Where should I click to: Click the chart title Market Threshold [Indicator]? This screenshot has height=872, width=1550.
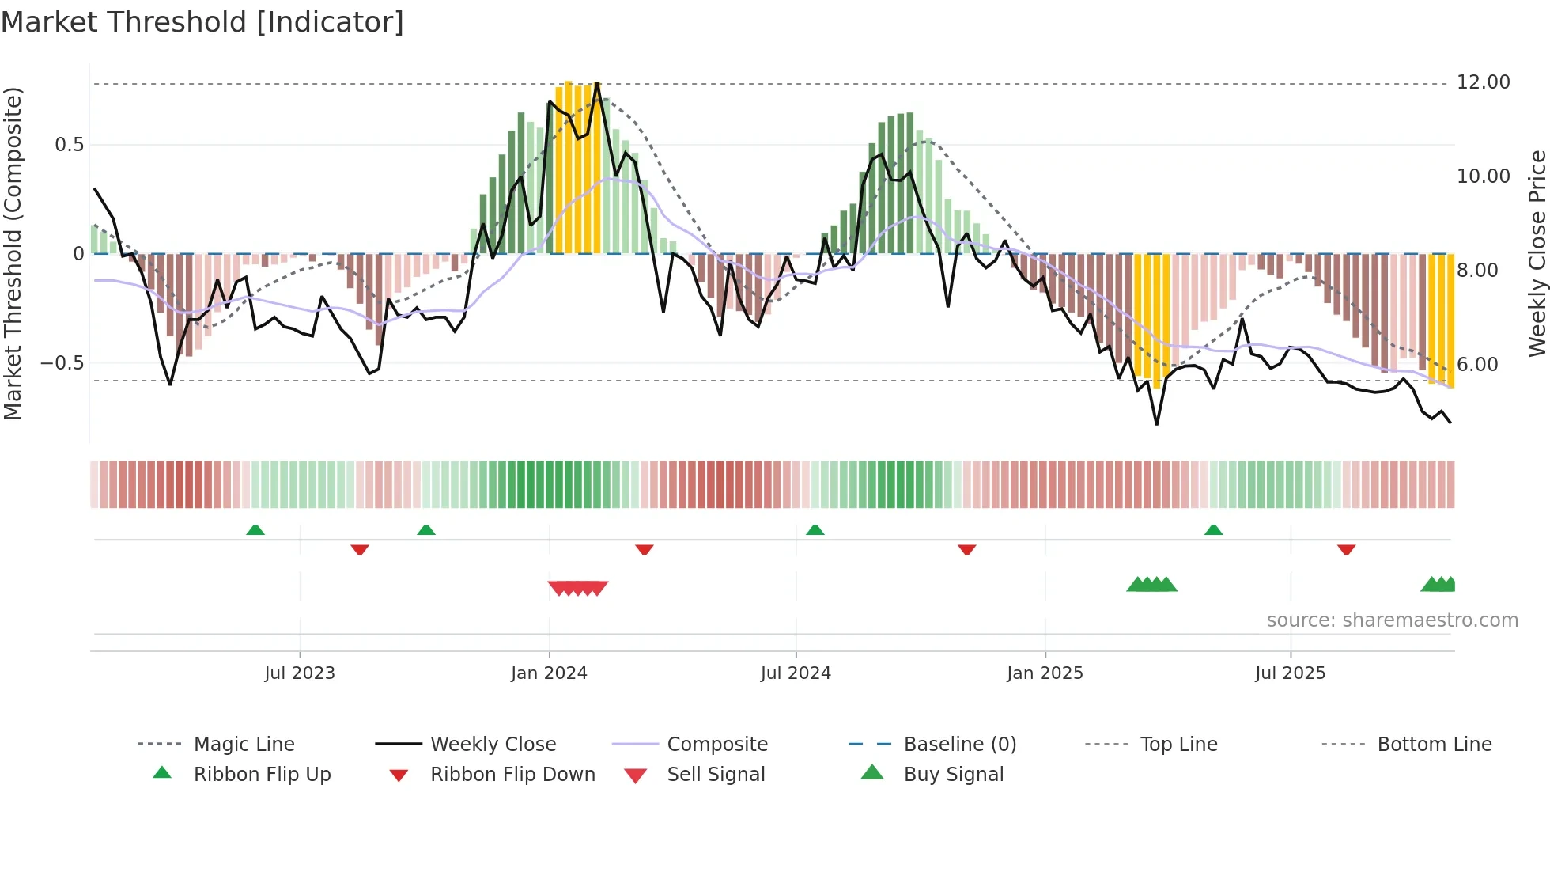tap(202, 22)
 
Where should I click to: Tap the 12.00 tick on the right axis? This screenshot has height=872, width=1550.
tap(1483, 82)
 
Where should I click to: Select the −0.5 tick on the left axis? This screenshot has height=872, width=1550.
tap(62, 363)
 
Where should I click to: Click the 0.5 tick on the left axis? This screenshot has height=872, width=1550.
tap(69, 145)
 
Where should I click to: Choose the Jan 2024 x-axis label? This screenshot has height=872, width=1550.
tap(549, 673)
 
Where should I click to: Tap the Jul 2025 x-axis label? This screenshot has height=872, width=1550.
tap(1290, 673)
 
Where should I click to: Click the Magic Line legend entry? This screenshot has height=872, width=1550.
tap(244, 745)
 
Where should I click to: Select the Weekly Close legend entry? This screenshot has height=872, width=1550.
tap(493, 745)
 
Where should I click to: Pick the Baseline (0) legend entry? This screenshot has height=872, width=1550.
tap(959, 745)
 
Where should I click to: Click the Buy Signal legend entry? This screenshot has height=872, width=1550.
tap(953, 775)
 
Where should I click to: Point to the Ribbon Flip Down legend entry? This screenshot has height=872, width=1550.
tap(512, 775)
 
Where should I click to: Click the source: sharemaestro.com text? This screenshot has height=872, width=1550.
tap(1392, 620)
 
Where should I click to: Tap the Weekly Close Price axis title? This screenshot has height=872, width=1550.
tap(1537, 253)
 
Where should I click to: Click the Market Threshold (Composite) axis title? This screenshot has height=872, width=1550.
tap(13, 253)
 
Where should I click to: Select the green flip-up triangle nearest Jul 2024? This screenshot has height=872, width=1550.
tap(815, 530)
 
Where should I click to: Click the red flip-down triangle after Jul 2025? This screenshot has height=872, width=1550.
tap(1347, 549)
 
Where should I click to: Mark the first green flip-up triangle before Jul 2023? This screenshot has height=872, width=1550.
tap(255, 530)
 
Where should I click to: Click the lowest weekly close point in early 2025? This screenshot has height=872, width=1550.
tap(1157, 424)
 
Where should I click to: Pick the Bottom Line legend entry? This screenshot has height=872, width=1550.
tap(1434, 745)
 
